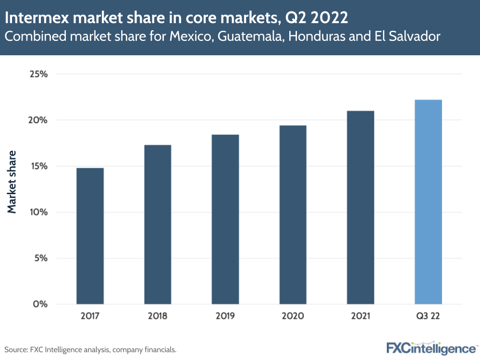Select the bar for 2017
[90, 236]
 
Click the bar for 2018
[158, 224]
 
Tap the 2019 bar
[225, 219]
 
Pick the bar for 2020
[293, 214]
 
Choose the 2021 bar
[361, 207]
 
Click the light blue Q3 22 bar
[429, 202]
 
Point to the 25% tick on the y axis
[38, 74]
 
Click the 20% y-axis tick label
[38, 120]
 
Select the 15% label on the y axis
[38, 166]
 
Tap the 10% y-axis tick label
[38, 212]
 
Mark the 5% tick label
[40, 258]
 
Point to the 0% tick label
[40, 304]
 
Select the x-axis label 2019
[225, 316]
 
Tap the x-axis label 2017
[90, 316]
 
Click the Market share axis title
[12, 182]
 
